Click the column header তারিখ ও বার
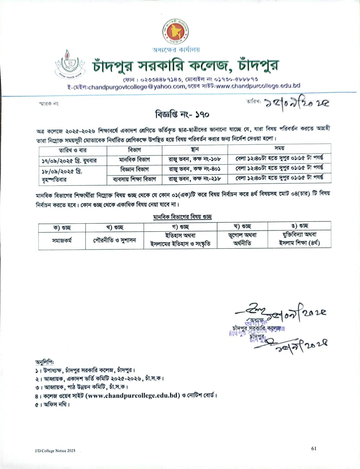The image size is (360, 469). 73,150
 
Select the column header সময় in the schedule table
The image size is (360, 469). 279,148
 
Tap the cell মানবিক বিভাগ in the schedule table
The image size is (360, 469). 134,159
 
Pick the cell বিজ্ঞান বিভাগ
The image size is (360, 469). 134,169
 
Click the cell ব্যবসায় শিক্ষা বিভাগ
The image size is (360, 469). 134,179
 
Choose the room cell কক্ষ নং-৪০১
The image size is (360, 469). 195,169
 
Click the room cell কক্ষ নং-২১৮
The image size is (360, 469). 195,179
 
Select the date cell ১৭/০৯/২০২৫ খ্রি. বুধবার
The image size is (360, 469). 69,161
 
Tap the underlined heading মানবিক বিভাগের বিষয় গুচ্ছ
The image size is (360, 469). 182,217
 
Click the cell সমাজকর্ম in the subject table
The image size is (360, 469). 62,240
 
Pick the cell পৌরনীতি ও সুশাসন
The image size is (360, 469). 114,240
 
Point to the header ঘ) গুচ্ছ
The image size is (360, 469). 242,226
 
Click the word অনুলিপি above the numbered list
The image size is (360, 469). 44,362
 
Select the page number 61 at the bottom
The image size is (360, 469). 314,448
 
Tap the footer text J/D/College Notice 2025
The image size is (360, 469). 55,451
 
